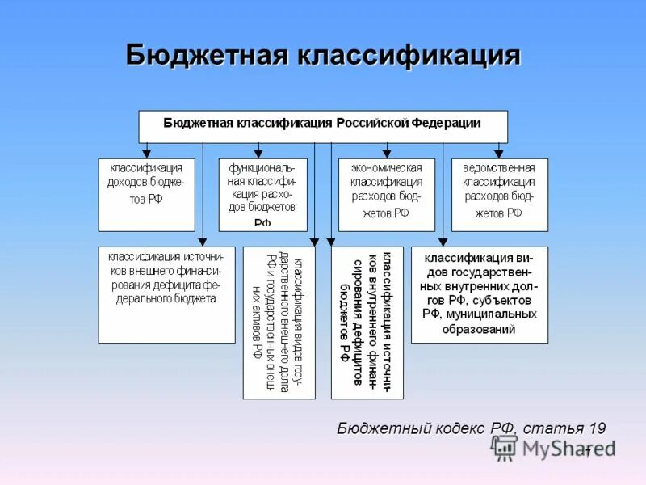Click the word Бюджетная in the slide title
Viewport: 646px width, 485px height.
[x=208, y=56]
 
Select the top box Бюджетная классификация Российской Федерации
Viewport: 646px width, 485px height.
[x=323, y=125]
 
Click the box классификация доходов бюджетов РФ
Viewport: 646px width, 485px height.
[x=146, y=194]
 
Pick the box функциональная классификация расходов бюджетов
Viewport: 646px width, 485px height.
[x=262, y=194]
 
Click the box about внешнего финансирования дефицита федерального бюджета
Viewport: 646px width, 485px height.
[x=167, y=294]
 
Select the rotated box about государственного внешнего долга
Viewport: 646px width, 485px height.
[x=279, y=322]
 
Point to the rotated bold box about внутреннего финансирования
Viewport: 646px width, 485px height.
[x=367, y=322]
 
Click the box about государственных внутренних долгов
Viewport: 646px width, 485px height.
[x=480, y=294]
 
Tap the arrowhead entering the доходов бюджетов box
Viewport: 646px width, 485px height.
[x=146, y=153]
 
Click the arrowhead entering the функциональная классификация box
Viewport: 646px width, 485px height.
[x=258, y=153]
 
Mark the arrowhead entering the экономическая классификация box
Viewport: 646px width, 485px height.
[x=386, y=153]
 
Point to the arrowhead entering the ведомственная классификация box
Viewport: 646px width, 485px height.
[x=499, y=153]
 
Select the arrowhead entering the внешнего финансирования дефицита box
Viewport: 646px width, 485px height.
[x=203, y=241]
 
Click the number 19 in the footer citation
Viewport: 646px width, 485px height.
[x=597, y=428]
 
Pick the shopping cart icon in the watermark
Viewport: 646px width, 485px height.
[x=505, y=447]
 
